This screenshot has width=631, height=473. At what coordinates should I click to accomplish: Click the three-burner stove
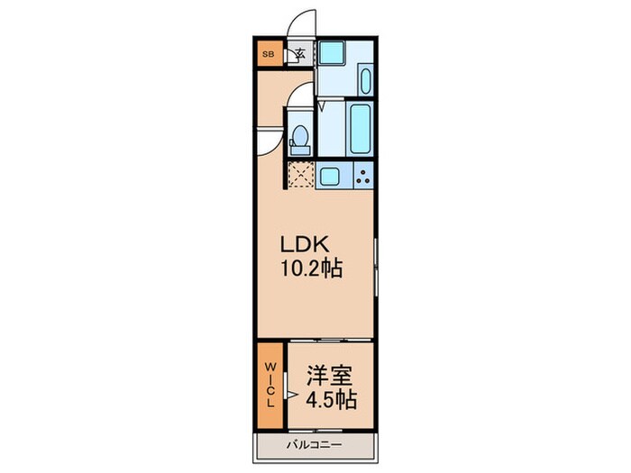pyautogui.click(x=363, y=176)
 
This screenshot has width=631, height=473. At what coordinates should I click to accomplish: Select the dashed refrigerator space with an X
pyautogui.click(x=298, y=175)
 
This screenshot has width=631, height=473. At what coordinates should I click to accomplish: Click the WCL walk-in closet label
pyautogui.click(x=270, y=386)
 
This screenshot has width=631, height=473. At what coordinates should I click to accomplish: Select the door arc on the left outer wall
pyautogui.click(x=267, y=142)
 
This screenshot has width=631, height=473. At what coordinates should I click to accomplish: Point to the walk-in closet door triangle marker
pyautogui.click(x=290, y=394)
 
